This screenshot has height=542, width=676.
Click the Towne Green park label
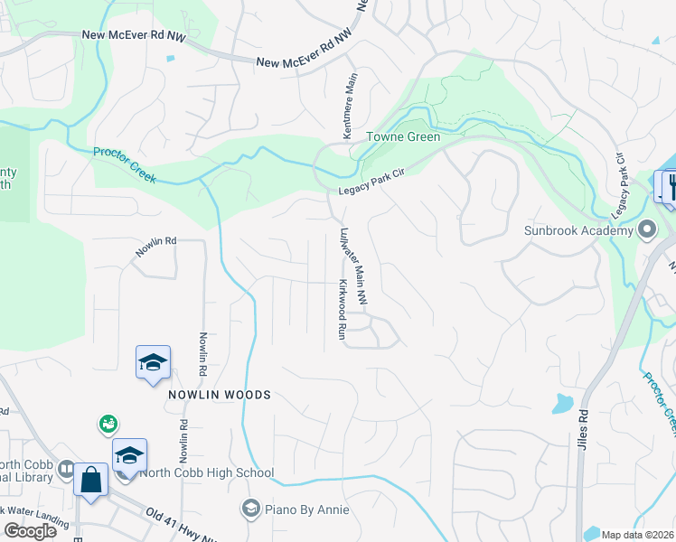click(x=402, y=137)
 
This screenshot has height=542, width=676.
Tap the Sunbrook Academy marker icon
click(x=646, y=229)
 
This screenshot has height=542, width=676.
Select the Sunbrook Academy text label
click(x=578, y=230)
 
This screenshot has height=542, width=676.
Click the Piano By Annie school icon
click(x=250, y=509)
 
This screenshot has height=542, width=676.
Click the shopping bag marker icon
click(x=91, y=479)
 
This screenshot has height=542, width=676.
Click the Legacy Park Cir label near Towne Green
click(x=371, y=182)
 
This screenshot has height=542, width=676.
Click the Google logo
click(x=30, y=531)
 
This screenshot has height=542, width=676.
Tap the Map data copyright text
click(x=638, y=535)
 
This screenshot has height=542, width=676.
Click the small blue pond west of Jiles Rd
click(x=562, y=402)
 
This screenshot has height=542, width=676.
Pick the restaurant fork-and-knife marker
click(x=672, y=186)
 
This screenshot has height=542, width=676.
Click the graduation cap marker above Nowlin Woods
click(x=153, y=362)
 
